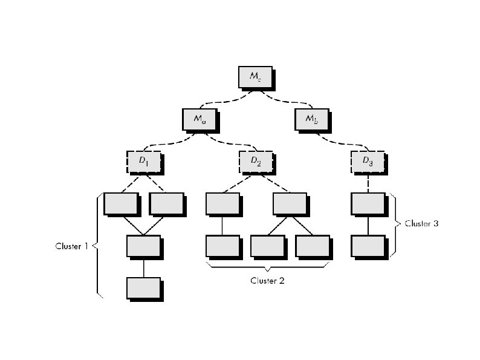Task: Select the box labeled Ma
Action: pyautogui.click(x=199, y=119)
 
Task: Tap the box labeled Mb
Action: pyautogui.click(x=312, y=119)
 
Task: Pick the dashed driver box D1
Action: pyautogui.click(x=143, y=161)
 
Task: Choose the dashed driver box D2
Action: pyautogui.click(x=255, y=161)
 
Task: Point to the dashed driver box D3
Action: pyautogui.click(x=368, y=161)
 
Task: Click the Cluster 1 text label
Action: pyautogui.click(x=72, y=246)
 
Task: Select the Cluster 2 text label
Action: pyautogui.click(x=267, y=280)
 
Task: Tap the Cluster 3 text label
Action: pyautogui.click(x=421, y=223)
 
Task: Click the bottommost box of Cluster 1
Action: pyautogui.click(x=143, y=288)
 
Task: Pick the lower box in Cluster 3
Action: pyautogui.click(x=368, y=246)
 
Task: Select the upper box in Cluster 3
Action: pyautogui.click(x=368, y=204)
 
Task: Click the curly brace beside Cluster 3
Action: pyautogui.click(x=396, y=223)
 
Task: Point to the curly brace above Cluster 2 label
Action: pyautogui.click(x=267, y=266)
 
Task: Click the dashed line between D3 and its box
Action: pyautogui.click(x=368, y=182)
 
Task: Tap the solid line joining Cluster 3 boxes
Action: pyautogui.click(x=368, y=225)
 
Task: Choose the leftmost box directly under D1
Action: pyautogui.click(x=120, y=204)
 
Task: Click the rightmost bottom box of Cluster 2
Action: pyautogui.click(x=312, y=246)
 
